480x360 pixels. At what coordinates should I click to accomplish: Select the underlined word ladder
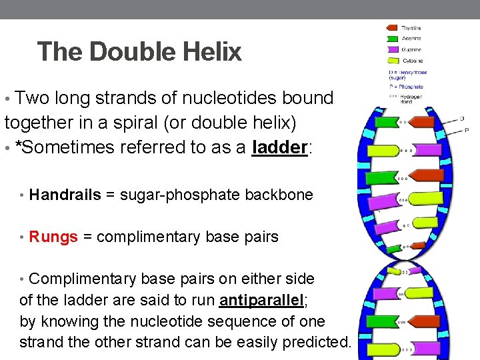(x=280, y=147)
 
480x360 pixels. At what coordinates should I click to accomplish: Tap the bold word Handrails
(x=65, y=195)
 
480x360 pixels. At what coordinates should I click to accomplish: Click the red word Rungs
(x=53, y=237)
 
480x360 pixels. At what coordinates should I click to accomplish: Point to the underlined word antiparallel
(x=261, y=300)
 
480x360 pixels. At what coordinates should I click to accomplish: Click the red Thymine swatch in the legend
(x=391, y=28)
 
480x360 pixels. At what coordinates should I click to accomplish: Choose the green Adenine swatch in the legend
(x=391, y=39)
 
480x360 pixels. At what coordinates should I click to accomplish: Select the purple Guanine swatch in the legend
(x=391, y=49)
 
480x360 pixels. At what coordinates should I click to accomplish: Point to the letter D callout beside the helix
(x=462, y=119)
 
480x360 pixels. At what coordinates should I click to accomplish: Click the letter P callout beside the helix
(x=466, y=130)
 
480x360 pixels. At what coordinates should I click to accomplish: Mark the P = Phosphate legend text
(x=407, y=87)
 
